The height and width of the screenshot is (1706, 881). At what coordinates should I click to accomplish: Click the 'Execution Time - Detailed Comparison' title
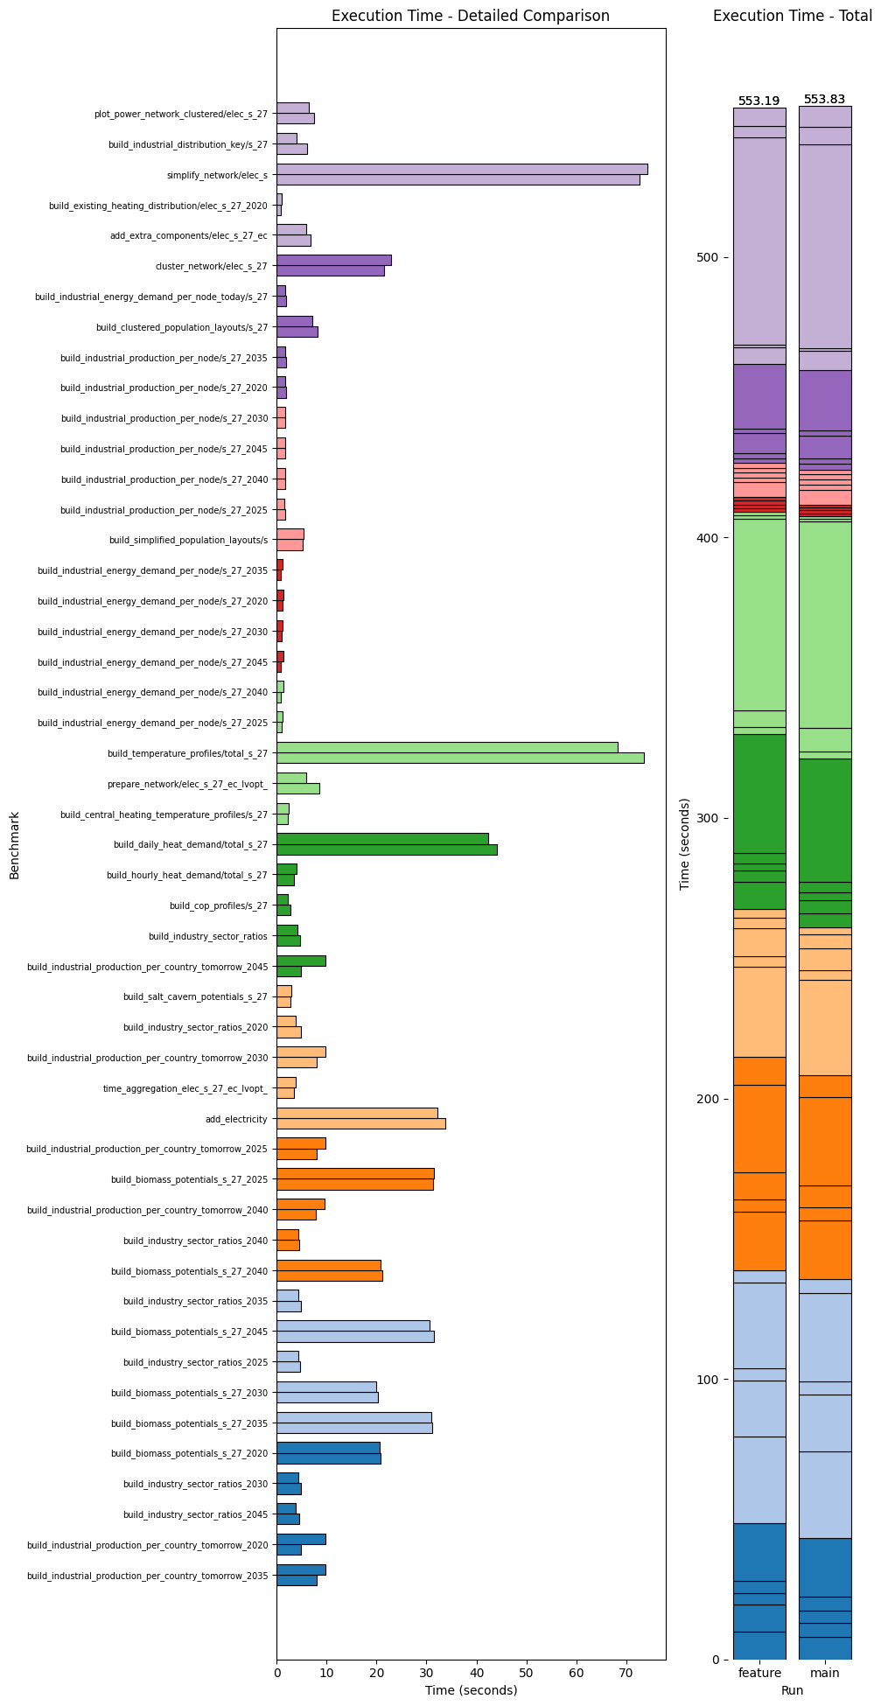(471, 16)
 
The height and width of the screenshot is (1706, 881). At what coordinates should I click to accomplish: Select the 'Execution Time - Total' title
(792, 16)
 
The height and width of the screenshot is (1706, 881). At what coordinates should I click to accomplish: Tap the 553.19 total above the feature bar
(759, 101)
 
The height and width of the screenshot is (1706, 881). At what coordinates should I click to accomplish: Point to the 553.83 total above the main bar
(825, 100)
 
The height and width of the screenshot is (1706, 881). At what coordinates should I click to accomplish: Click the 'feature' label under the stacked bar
(759, 1673)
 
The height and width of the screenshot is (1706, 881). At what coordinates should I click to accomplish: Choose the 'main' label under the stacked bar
(825, 1673)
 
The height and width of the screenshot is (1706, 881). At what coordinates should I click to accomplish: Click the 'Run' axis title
(792, 1690)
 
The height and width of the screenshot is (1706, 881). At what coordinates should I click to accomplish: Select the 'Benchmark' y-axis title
(14, 845)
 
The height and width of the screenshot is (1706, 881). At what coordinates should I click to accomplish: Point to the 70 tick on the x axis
(626, 1673)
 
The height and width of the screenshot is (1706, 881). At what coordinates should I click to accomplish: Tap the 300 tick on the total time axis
(708, 818)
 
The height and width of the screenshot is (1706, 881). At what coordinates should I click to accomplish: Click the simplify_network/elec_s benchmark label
(217, 175)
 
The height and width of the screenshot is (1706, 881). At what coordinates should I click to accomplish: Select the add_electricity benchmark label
(236, 1119)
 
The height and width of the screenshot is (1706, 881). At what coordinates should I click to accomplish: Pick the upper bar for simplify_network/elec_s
(462, 170)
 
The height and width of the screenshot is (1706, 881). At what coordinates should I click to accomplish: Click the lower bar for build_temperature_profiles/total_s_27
(460, 758)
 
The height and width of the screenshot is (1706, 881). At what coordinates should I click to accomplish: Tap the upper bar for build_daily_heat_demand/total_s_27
(382, 838)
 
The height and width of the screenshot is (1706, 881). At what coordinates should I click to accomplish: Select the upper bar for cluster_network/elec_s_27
(333, 260)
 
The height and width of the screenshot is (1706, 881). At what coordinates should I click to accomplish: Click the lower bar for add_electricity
(360, 1123)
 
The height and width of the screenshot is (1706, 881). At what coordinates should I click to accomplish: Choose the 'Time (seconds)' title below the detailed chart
(471, 1690)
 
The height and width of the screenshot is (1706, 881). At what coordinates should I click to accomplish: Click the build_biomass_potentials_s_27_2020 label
(189, 1453)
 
